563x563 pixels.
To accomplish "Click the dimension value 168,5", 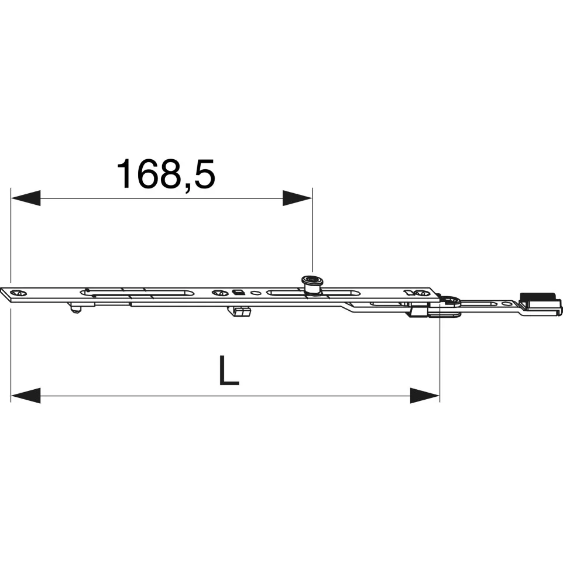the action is point(166,174).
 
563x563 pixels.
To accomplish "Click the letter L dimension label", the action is point(229,370).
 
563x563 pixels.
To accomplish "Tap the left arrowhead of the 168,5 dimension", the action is point(26,198).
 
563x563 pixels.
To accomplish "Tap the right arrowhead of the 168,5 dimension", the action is point(297,198).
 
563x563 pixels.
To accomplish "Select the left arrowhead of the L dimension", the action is point(26,396).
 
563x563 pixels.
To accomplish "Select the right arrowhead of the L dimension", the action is point(425,396).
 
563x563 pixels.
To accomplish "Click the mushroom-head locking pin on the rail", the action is point(311,285).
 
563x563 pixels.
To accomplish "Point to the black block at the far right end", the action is point(538,298).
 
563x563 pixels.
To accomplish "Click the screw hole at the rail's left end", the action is point(19,293).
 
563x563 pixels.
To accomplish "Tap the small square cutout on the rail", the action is point(238,292).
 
